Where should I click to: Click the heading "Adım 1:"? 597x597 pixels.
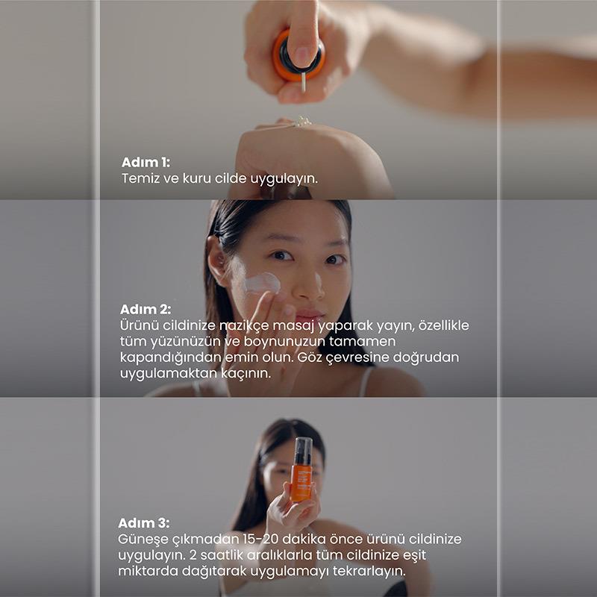pyautogui.click(x=146, y=163)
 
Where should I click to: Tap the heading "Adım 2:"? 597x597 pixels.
pyautogui.click(x=146, y=309)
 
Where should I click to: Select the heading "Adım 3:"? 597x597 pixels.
pyautogui.click(x=143, y=523)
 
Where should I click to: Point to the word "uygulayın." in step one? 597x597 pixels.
pyautogui.click(x=284, y=179)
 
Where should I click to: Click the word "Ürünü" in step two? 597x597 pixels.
pyautogui.click(x=139, y=325)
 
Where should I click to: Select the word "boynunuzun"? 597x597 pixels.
pyautogui.click(x=284, y=342)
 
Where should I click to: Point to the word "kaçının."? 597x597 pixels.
pyautogui.click(x=246, y=374)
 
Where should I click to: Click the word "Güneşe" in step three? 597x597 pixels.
pyautogui.click(x=143, y=540)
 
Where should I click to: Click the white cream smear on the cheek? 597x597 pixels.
pyautogui.click(x=263, y=283)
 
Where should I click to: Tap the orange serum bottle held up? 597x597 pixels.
pyautogui.click(x=301, y=469)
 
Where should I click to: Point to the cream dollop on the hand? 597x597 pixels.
pyautogui.click(x=303, y=122)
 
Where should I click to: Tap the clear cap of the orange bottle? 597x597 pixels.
pyautogui.click(x=303, y=451)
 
